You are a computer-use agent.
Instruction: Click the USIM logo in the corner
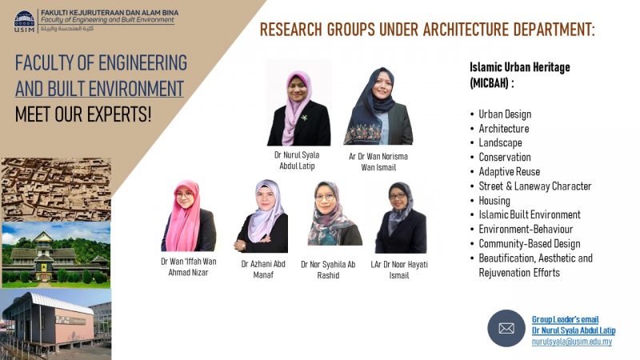click(25, 22)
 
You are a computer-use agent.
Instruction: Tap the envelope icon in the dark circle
click(506, 328)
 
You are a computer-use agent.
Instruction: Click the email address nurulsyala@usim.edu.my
click(572, 342)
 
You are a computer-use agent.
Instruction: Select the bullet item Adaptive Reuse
click(509, 172)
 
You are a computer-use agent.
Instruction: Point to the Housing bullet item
click(494, 201)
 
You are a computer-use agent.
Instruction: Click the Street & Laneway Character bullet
click(534, 186)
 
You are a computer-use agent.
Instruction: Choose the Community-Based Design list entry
click(530, 244)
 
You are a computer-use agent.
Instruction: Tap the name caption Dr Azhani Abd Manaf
click(263, 270)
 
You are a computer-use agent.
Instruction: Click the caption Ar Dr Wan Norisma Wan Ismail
click(378, 162)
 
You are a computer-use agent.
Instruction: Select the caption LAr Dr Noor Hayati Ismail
click(399, 270)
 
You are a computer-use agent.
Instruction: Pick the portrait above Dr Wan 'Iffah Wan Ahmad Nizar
click(188, 215)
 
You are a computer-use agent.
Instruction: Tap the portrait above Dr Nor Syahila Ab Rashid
click(334, 214)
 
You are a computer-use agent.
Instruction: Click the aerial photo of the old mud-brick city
click(56, 189)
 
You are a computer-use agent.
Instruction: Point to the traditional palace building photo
click(56, 254)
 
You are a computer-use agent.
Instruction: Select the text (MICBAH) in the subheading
click(489, 83)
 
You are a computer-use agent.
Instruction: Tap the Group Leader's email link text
click(565, 319)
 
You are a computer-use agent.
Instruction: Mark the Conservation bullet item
click(505, 157)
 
